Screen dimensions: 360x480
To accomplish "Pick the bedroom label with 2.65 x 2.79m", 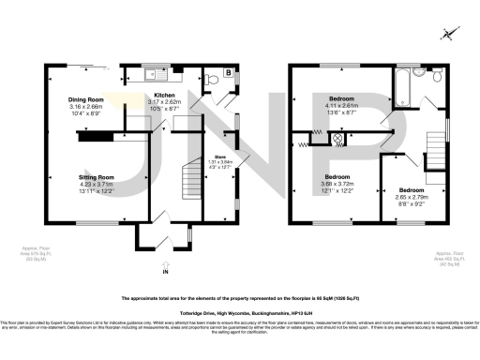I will pos(412,196).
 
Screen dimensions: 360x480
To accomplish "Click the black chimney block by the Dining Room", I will pos(95,138).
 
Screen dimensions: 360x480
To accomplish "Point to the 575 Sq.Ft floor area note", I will pos(35,253).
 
